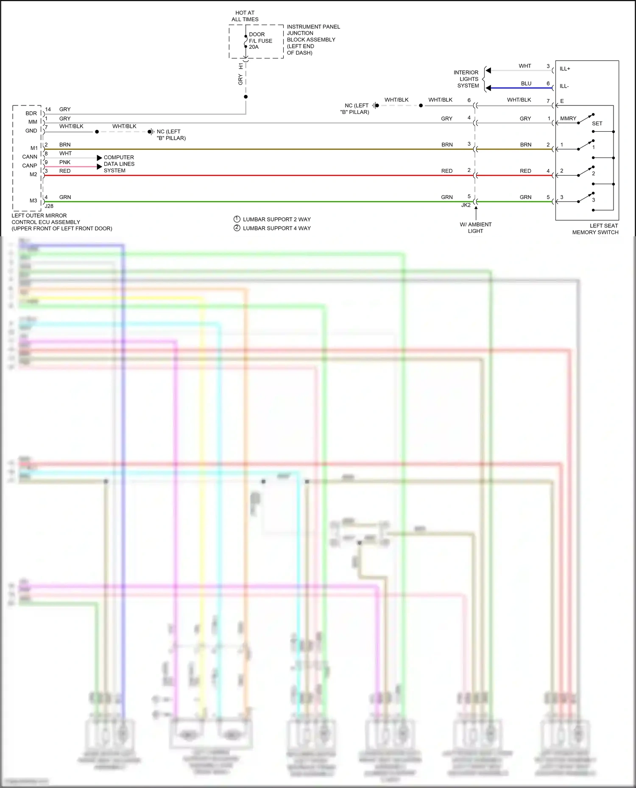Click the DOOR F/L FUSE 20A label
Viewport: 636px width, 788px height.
[x=260, y=41]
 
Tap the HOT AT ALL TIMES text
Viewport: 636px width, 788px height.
[x=245, y=16]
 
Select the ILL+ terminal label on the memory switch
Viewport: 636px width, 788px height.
[x=565, y=69]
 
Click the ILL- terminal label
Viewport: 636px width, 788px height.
[x=564, y=86]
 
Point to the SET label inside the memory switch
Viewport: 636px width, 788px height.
[x=597, y=124]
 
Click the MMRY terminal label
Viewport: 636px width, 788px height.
[x=568, y=119]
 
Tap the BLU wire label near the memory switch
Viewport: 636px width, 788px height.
[x=526, y=83]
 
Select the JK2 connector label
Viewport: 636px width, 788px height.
[x=466, y=205]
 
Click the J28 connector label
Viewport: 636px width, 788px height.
[x=49, y=206]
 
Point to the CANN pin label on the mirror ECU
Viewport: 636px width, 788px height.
[x=30, y=157]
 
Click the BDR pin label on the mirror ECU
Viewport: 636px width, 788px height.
[x=31, y=113]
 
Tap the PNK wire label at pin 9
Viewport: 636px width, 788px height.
[x=65, y=162]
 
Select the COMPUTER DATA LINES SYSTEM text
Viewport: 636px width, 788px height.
[x=119, y=164]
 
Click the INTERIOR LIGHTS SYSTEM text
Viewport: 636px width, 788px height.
[x=467, y=79]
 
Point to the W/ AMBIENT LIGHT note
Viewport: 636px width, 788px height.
[x=475, y=228]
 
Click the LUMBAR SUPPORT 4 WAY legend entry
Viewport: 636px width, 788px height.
[x=276, y=228]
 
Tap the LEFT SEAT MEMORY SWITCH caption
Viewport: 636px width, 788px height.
[x=595, y=229]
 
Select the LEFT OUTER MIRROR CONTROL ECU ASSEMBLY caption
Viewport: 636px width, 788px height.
[x=61, y=222]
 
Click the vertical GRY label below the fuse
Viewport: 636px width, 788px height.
[x=240, y=79]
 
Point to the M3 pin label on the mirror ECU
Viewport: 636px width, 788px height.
[x=33, y=201]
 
